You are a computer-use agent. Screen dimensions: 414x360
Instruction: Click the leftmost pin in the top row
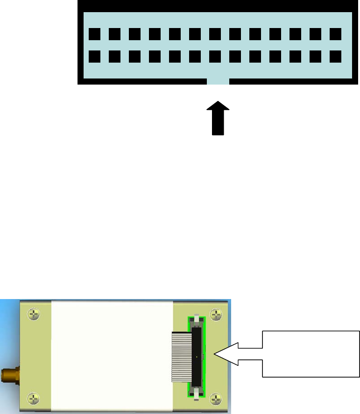pyautogui.click(x=94, y=34)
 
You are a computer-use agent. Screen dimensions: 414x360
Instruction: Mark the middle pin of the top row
pyautogui.click(x=215, y=34)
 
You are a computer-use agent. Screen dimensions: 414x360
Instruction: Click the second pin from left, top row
pyautogui.click(x=114, y=34)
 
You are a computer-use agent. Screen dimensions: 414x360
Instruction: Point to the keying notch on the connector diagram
pyautogui.click(x=218, y=81)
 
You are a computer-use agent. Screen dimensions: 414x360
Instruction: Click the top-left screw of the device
pyautogui.click(x=33, y=315)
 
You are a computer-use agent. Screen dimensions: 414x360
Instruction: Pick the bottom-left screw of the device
pyautogui.click(x=33, y=398)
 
